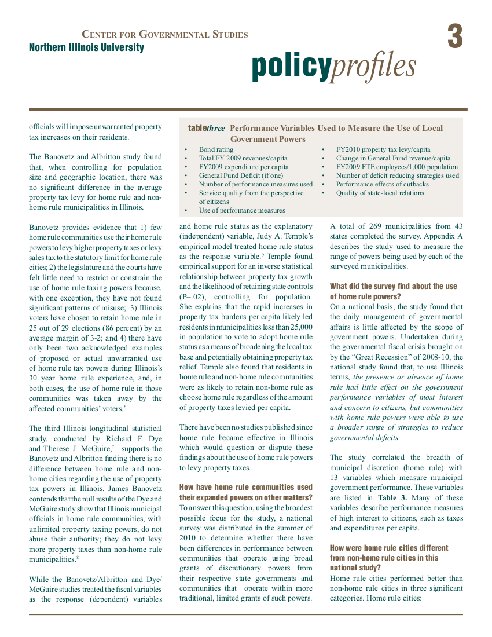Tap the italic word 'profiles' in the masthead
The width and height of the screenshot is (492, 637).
(x=374, y=67)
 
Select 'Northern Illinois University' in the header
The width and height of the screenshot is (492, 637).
(x=86, y=47)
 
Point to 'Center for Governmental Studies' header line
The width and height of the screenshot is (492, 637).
(x=165, y=35)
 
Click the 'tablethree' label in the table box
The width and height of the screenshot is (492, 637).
(x=207, y=128)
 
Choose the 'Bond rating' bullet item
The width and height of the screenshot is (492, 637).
(x=216, y=149)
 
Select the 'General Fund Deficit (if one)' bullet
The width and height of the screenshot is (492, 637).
(x=241, y=175)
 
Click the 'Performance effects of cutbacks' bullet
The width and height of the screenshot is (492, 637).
(x=382, y=184)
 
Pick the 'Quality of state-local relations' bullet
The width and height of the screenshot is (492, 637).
(x=380, y=193)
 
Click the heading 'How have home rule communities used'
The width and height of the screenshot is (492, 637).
(x=245, y=487)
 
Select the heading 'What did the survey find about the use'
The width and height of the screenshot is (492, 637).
(x=394, y=286)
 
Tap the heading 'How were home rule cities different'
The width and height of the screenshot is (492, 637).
(x=389, y=548)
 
